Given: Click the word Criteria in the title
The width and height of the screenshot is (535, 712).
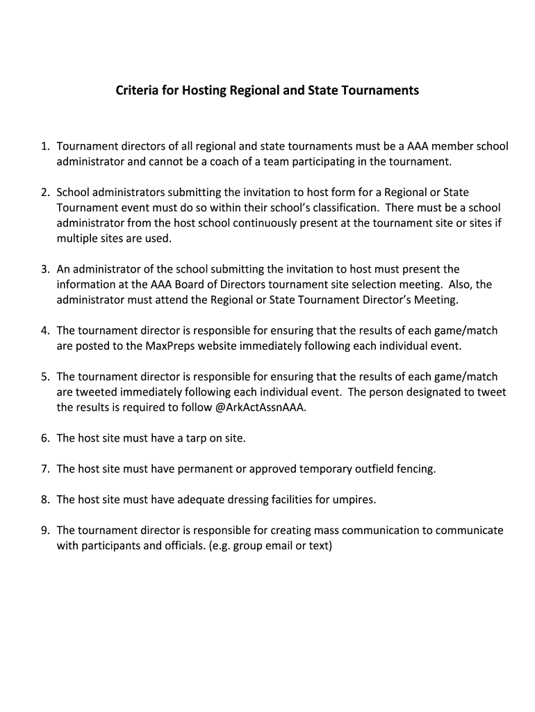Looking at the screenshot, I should pos(136,91).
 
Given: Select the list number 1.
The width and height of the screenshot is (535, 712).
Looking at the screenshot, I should pos(44,147).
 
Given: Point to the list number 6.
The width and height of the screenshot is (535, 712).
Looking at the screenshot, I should pos(44,439).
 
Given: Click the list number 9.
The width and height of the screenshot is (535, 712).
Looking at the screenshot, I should pos(44,531).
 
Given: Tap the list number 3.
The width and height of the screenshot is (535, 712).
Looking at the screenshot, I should pos(44,269).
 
